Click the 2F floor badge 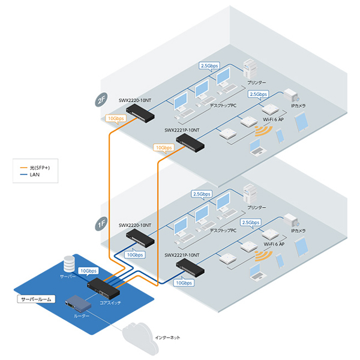tap(101, 100)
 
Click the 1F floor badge tap(101, 224)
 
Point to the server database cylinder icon tap(69, 264)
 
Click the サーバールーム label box tap(36, 299)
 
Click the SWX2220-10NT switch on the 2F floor tap(140, 113)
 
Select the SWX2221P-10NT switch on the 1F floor tap(190, 268)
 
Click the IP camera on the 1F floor tap(292, 220)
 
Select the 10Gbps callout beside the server tap(88, 271)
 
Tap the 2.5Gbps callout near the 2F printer tap(209, 67)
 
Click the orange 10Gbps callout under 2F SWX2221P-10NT tap(164, 148)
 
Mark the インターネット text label tap(167, 338)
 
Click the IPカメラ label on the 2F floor tap(298, 106)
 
